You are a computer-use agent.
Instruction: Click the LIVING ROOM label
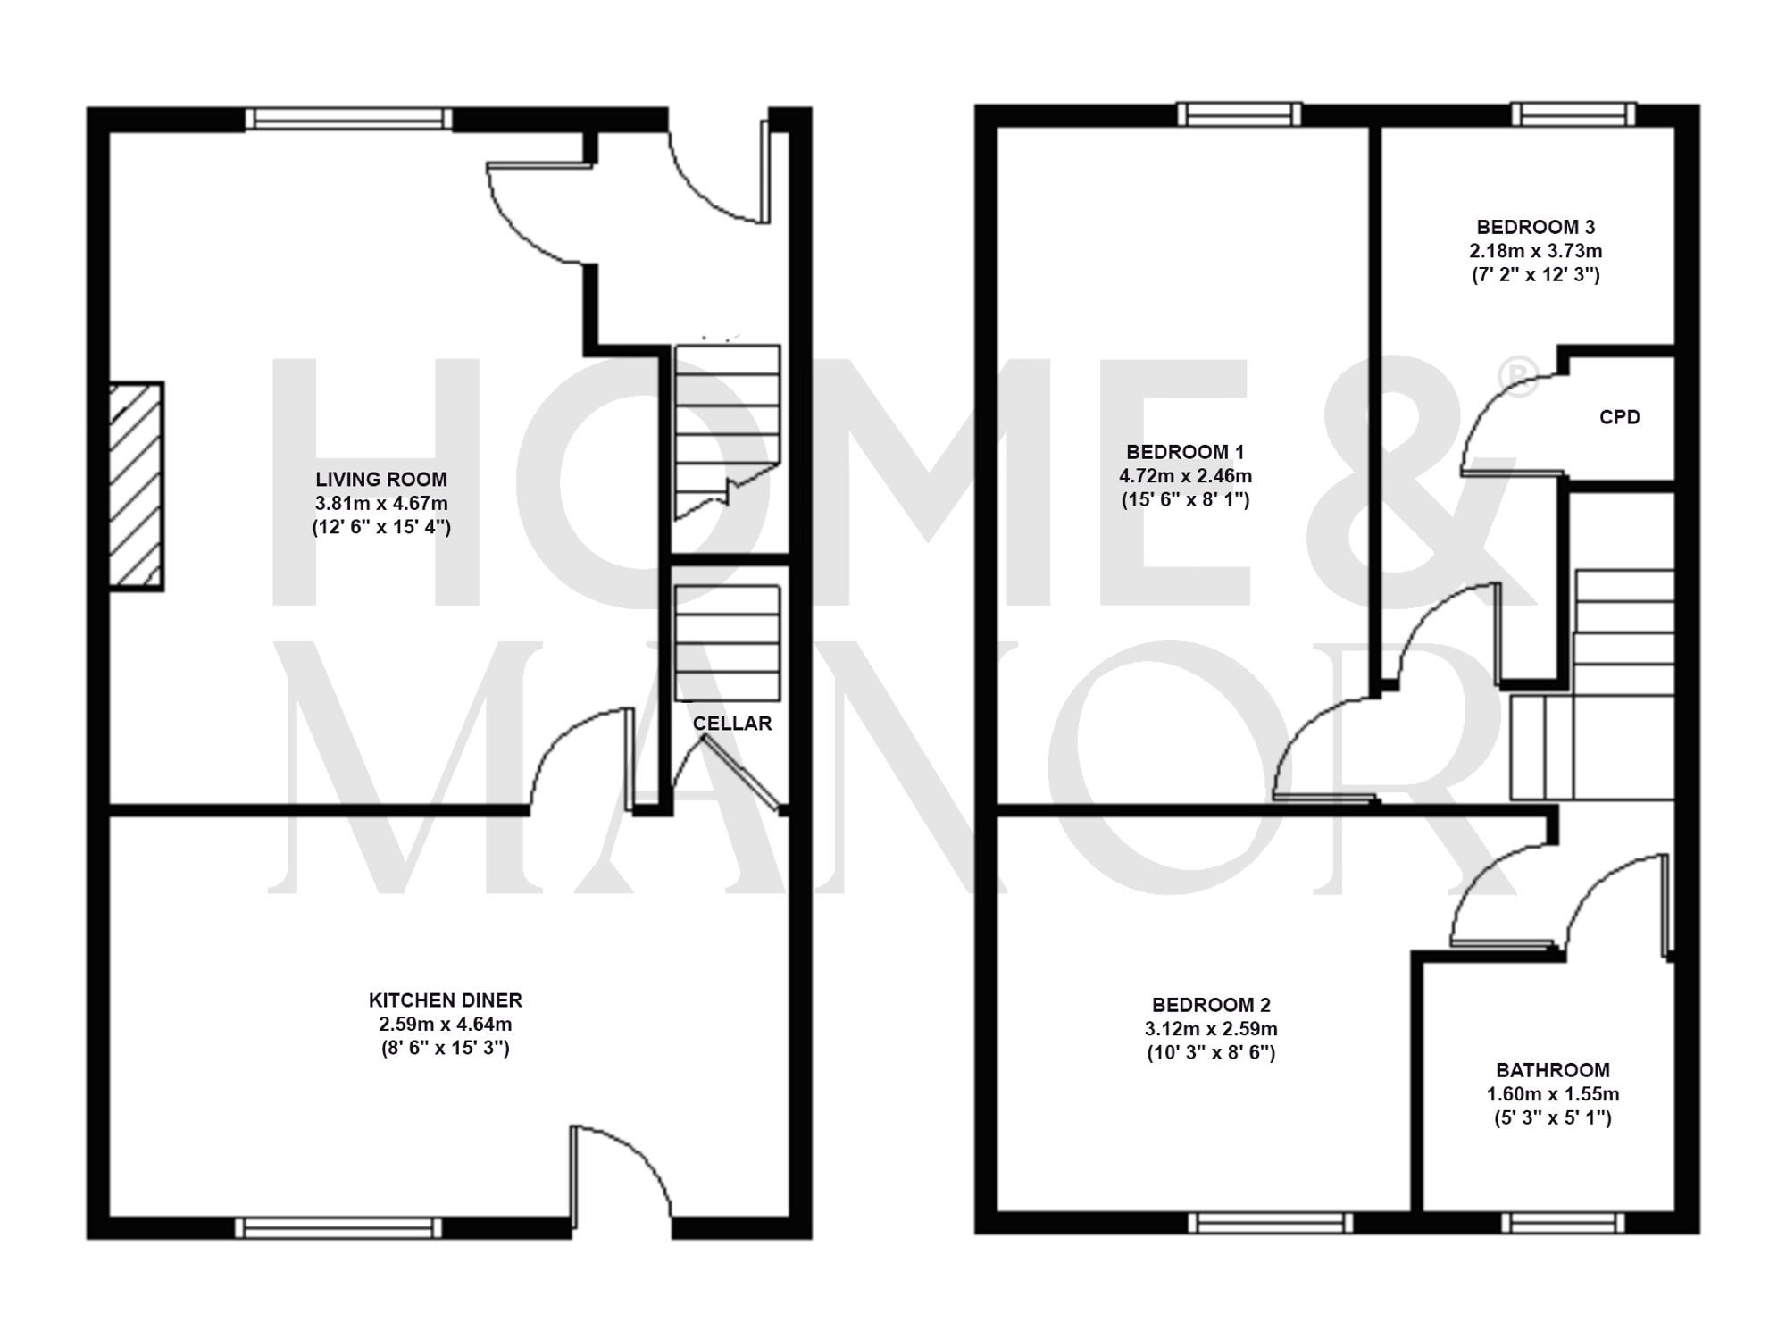tap(381, 480)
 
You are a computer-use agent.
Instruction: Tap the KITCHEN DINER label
tap(445, 1000)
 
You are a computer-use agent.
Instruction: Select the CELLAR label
tap(732, 724)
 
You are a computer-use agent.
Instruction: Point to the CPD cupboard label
tap(1619, 417)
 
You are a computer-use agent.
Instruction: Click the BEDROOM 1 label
tap(1185, 452)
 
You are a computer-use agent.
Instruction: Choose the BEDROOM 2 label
tap(1211, 1005)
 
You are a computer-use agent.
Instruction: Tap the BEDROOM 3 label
tap(1535, 227)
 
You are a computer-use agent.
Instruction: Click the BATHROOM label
tap(1553, 1070)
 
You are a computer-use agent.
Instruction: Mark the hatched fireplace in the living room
tap(136, 486)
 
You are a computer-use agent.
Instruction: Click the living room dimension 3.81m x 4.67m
tap(381, 504)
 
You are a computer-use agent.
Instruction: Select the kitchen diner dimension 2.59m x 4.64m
tap(445, 1025)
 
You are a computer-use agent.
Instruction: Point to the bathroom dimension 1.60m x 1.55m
tap(1553, 1094)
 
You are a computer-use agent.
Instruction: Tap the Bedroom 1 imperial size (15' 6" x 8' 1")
tap(1185, 500)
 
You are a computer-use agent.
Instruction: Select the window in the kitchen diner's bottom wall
tap(338, 1228)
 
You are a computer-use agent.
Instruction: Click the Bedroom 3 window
tap(1573, 113)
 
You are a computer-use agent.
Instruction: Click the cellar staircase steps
tap(727, 643)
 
